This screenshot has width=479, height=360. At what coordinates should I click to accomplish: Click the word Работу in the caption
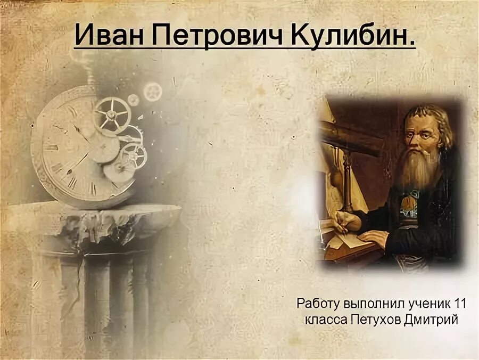click(318, 304)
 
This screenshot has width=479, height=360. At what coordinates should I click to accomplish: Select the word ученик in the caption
click(423, 304)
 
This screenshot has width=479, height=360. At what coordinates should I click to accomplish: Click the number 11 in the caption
click(460, 304)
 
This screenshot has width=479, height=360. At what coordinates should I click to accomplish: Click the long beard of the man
click(420, 170)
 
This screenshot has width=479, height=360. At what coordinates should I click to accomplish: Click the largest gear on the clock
click(111, 114)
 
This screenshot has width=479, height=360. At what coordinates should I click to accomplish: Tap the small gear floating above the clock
click(153, 92)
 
